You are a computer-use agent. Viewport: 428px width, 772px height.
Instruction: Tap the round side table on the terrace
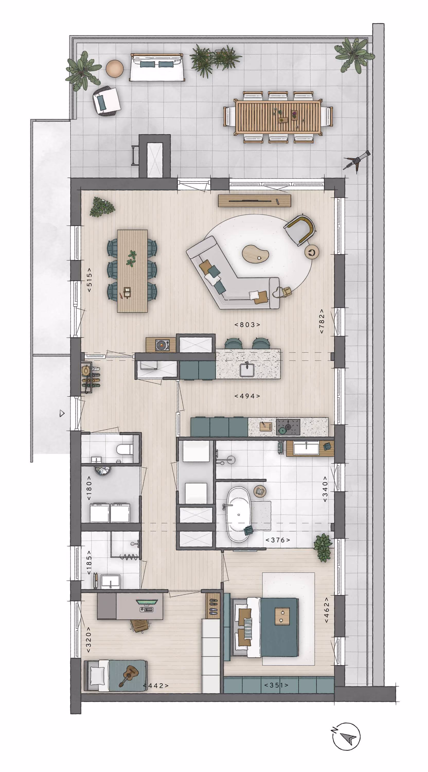115,69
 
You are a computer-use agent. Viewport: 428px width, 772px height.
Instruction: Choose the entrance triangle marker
62,414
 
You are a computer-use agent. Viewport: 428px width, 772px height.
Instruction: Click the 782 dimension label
322,321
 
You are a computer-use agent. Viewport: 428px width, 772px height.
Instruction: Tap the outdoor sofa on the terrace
156,67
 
